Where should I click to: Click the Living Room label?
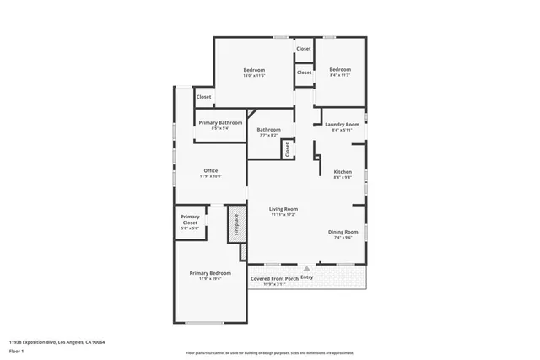[x=283, y=209]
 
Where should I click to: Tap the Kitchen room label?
[x=342, y=171]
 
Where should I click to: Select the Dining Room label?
[x=343, y=231]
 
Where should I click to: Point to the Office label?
[x=210, y=170]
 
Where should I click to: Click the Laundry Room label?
[x=342, y=125]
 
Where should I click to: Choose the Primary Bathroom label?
[x=219, y=123]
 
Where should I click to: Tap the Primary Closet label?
[x=190, y=219]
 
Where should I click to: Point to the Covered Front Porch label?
[x=273, y=277]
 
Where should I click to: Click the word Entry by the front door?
[x=306, y=277]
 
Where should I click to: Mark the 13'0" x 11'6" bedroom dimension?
[x=254, y=76]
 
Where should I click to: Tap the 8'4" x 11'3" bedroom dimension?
[x=339, y=76]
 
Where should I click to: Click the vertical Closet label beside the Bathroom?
[x=287, y=150]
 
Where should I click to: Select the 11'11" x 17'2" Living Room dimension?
[x=283, y=215]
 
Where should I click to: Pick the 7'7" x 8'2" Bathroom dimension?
[x=268, y=135]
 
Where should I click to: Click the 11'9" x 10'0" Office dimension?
[x=210, y=176]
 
